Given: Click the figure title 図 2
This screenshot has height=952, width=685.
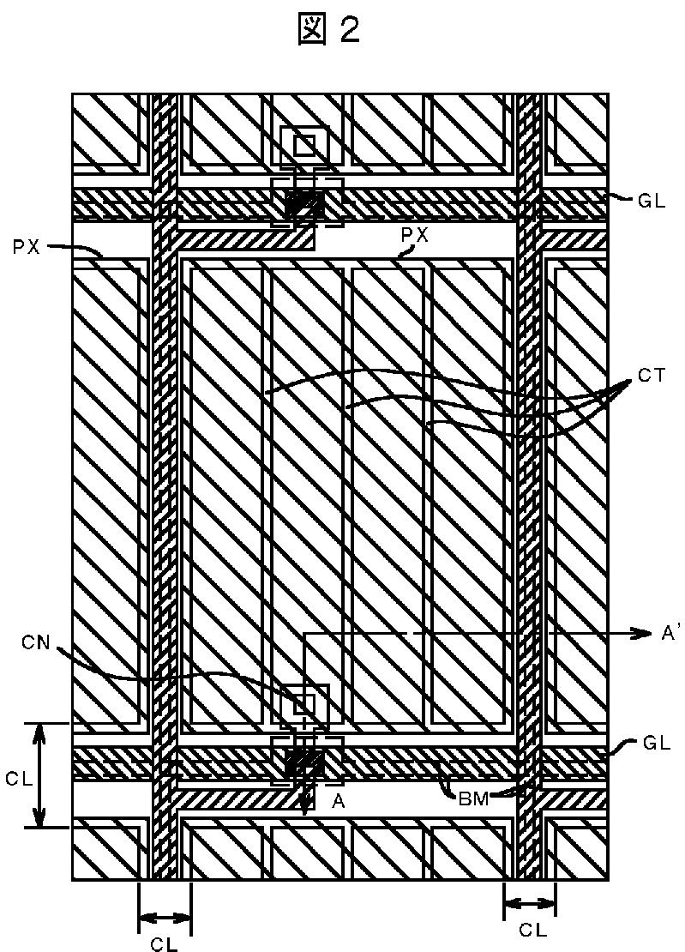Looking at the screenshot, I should [x=328, y=30].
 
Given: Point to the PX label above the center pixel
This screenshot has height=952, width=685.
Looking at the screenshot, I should [x=415, y=233].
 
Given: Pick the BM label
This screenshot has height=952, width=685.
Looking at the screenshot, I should [x=473, y=798].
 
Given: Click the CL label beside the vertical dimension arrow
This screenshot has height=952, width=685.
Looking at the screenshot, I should [x=18, y=778].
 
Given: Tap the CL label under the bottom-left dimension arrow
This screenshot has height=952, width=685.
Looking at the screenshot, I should [x=164, y=943].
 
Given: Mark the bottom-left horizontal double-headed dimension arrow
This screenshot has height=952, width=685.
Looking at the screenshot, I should [x=164, y=919].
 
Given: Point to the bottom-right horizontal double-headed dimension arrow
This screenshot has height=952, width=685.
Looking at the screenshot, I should [x=530, y=901].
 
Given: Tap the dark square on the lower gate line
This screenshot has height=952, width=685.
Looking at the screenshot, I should [x=303, y=762].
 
